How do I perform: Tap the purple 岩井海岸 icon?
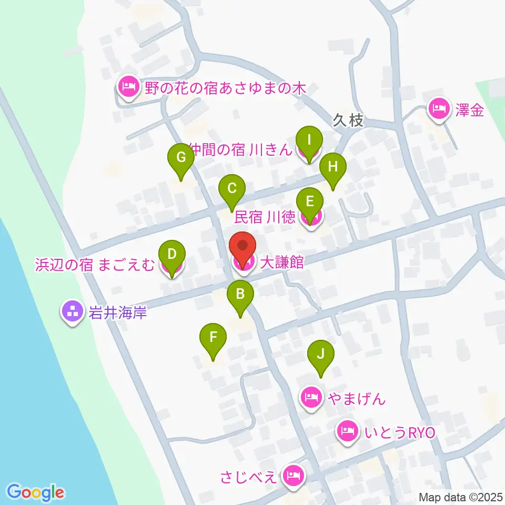tap(73, 311)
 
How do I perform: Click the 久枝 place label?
tap(348, 120)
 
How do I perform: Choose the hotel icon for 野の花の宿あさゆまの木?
tap(128, 86)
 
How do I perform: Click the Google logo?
tap(36, 492)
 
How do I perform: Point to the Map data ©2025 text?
tap(461, 497)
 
